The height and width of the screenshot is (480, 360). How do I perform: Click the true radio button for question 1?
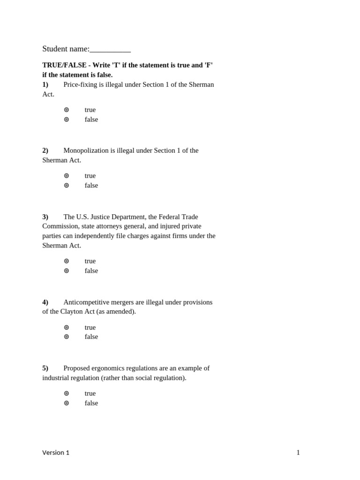tap(67, 110)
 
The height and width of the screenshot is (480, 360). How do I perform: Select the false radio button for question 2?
tap(67, 185)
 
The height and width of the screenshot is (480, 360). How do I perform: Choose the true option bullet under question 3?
tap(67, 261)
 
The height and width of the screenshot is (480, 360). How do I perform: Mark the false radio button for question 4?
tap(67, 337)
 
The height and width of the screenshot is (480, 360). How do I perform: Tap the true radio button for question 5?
tap(67, 393)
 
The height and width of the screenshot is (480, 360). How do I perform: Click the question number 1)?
tap(45, 84)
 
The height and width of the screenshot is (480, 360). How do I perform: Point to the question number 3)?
tap(45, 217)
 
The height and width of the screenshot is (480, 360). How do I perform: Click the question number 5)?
tap(45, 368)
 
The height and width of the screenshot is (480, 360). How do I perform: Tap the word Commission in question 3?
tap(60, 226)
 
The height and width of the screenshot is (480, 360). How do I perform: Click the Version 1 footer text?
tap(56, 452)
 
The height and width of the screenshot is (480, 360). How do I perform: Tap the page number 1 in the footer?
tap(298, 452)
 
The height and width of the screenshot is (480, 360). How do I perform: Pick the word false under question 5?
tap(91, 403)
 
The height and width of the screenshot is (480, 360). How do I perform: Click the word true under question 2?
tap(90, 176)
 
